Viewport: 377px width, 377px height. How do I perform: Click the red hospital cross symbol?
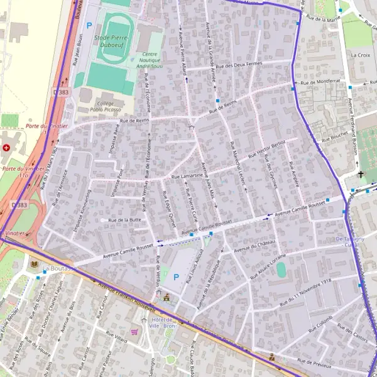[6, 148]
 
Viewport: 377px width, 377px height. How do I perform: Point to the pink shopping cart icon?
[134, 331]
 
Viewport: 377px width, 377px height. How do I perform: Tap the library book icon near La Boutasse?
[33, 265]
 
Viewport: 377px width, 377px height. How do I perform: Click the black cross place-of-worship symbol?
[361, 174]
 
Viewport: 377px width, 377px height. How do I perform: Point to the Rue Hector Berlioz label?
[266, 149]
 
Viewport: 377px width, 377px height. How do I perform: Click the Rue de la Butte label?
[124, 221]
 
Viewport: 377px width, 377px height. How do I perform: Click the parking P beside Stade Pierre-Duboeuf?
[89, 26]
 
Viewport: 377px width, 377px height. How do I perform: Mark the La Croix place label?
[361, 55]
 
